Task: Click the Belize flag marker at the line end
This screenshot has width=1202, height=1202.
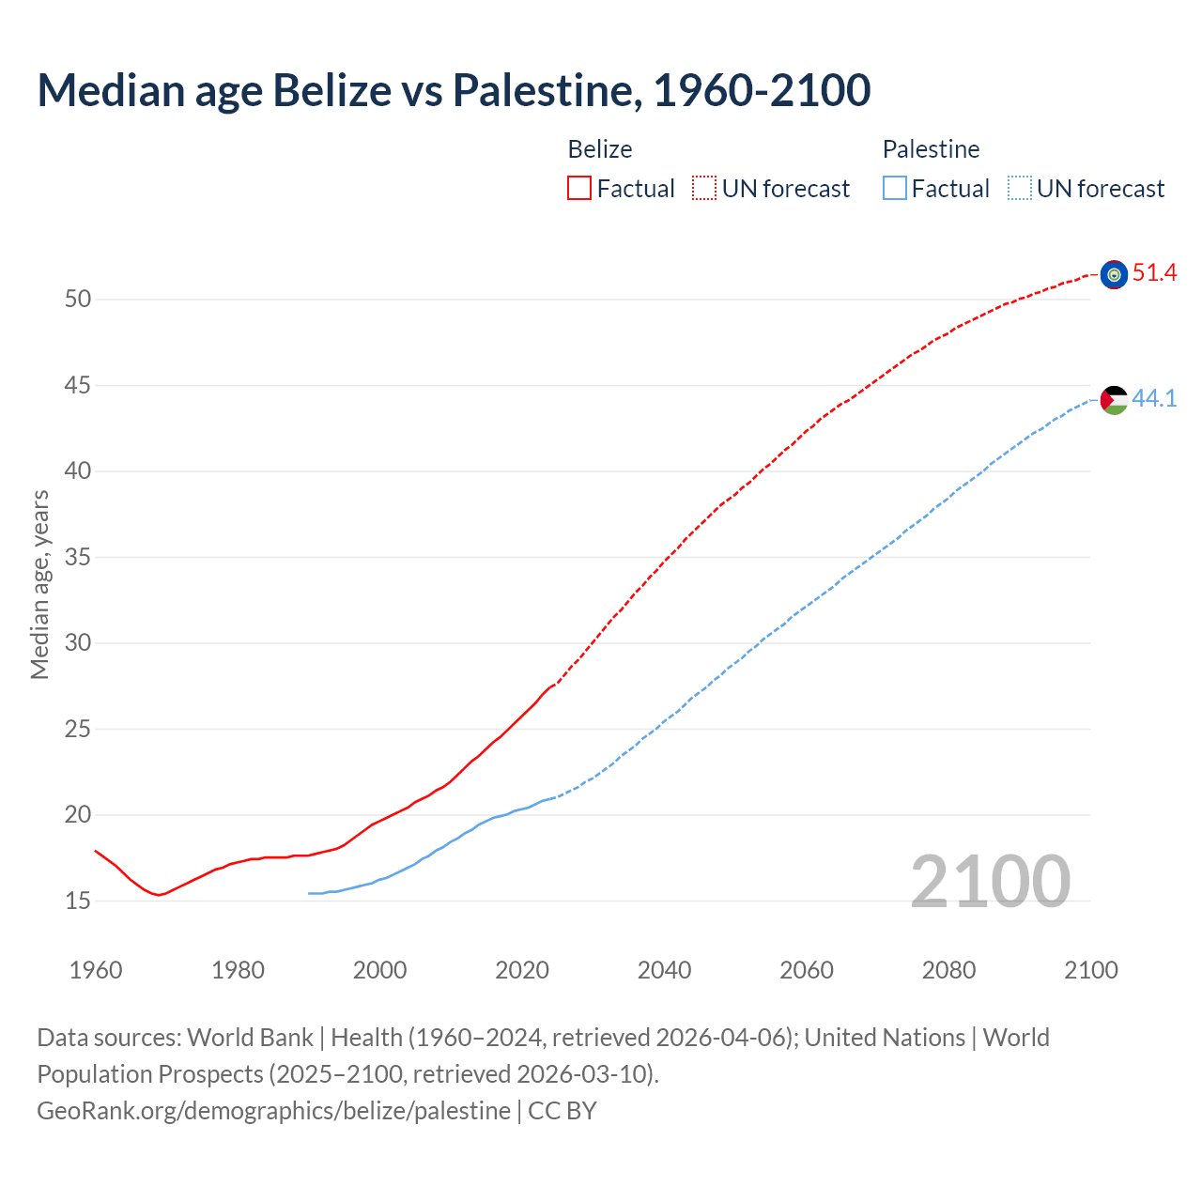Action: tap(1114, 274)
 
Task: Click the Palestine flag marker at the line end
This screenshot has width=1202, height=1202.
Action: tap(1114, 399)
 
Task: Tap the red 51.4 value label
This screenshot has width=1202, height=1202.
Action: tap(1154, 273)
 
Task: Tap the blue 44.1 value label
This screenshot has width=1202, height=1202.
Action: tap(1154, 398)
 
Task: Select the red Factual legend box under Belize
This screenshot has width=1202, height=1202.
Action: tap(579, 189)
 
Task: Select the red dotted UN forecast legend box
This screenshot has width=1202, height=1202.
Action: tap(704, 189)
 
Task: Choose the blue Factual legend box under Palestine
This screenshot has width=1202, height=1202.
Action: tap(894, 189)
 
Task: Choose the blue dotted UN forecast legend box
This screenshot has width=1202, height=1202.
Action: tap(1019, 189)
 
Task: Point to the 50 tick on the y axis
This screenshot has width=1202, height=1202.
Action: tap(78, 300)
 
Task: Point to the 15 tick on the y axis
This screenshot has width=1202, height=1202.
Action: tap(78, 901)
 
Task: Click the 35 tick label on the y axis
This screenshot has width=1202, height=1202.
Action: tap(78, 558)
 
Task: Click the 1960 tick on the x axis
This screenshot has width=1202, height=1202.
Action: tap(96, 970)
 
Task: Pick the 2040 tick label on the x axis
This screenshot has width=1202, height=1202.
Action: tap(664, 970)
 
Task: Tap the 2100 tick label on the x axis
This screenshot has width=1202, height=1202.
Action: tap(1090, 970)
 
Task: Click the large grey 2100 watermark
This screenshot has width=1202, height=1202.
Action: tap(990, 881)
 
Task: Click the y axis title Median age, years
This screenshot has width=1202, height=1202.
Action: tap(39, 584)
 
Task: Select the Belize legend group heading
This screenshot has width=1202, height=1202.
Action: tap(600, 149)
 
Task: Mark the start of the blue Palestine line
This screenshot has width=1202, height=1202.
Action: tap(309, 893)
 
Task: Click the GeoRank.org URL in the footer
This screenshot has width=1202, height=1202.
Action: tap(273, 1111)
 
